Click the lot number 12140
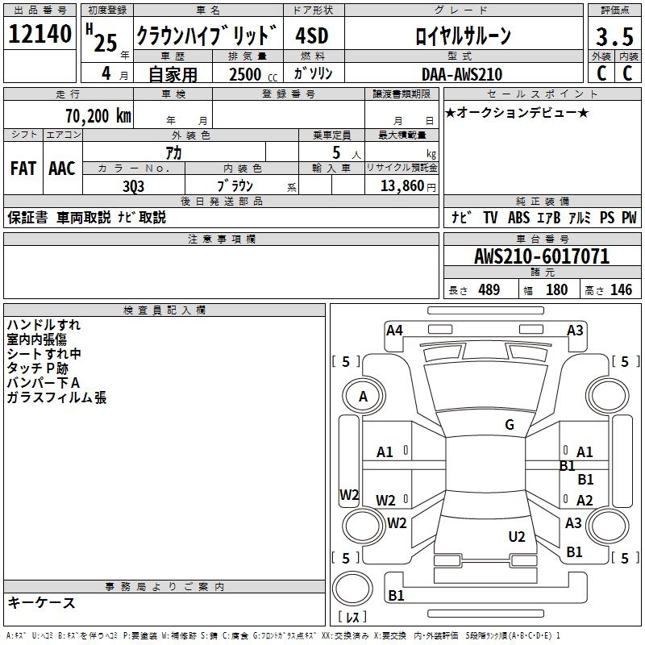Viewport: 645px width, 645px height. point(40,35)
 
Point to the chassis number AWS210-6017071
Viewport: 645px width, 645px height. point(542,257)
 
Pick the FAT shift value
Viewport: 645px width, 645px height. point(23,169)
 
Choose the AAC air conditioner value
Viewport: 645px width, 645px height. point(62,169)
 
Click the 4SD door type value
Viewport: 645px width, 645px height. point(312,35)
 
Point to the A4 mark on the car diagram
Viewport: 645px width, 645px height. point(394,330)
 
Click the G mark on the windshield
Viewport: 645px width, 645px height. point(510,425)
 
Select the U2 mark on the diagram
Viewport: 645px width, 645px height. point(517,536)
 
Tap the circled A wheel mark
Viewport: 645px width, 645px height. point(363,397)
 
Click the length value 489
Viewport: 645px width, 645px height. point(489,290)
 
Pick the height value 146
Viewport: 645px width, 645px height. point(621,290)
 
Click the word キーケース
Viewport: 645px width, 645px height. point(41,603)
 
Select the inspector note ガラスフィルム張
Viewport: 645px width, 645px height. point(56,397)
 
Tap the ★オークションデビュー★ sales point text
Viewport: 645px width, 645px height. point(517,112)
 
